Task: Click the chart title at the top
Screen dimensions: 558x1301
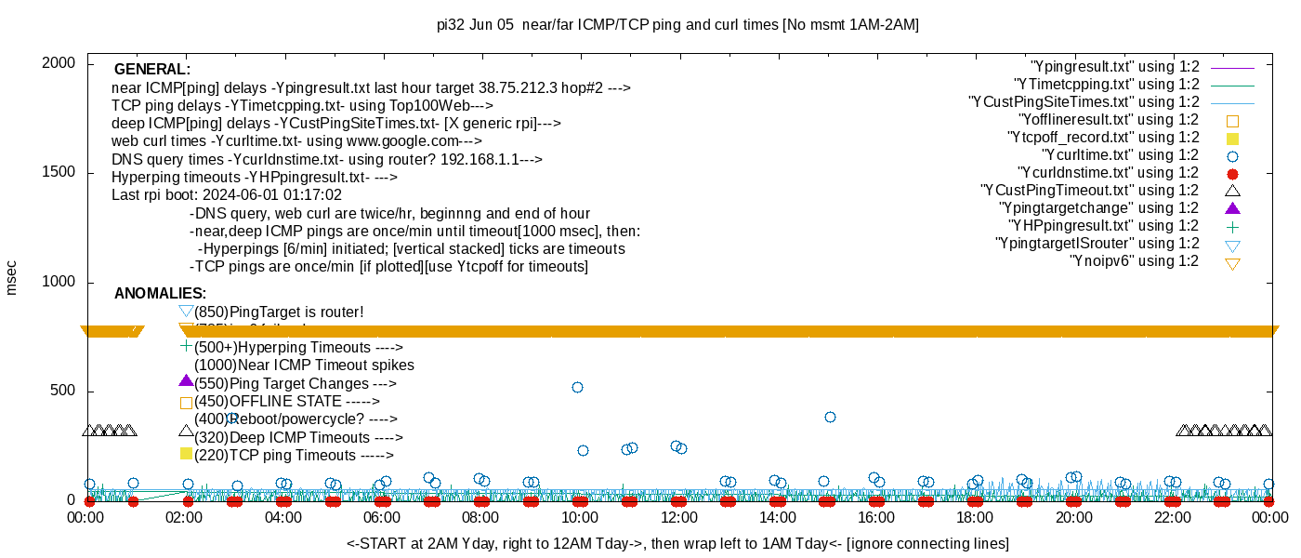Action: coord(677,25)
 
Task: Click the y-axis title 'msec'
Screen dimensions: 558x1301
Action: coord(12,278)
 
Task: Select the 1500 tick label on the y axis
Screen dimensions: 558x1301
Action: coord(59,173)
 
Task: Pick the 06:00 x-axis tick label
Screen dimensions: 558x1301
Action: coord(382,517)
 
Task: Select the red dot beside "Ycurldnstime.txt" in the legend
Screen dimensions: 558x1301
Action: coord(1233,173)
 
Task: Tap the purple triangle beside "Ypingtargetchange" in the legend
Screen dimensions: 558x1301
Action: coord(1233,207)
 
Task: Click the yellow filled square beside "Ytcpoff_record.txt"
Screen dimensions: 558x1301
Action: coord(1233,138)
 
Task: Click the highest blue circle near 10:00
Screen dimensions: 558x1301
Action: coord(577,387)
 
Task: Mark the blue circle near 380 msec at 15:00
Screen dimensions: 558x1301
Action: coord(830,417)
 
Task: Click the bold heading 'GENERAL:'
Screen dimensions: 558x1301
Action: coord(152,70)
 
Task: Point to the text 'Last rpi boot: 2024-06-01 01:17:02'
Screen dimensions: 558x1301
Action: coord(227,195)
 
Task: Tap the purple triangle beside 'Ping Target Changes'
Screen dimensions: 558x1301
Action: coord(186,381)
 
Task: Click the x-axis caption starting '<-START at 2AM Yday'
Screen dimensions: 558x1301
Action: coord(677,543)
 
